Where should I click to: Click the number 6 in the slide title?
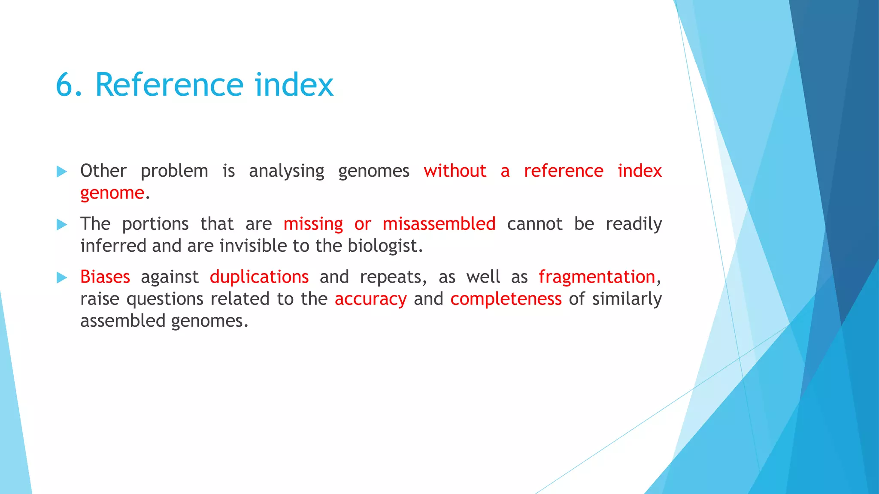65,84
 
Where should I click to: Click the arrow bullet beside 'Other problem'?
62,172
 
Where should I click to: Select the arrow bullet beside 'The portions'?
62,225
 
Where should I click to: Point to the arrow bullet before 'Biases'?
62,278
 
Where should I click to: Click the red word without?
455,171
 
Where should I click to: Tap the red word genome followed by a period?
112,193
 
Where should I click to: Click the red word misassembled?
439,224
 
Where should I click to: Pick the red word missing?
313,224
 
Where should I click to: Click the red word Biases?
105,277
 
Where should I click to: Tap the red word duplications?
259,277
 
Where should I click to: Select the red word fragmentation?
597,277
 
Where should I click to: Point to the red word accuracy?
370,299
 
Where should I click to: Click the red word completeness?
506,299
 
